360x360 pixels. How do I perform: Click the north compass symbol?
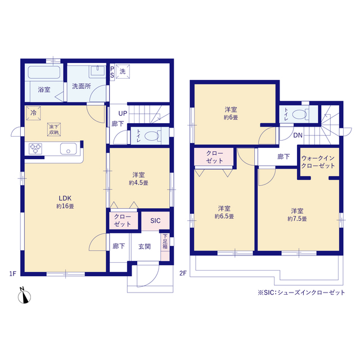(24, 296)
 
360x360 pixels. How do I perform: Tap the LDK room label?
(65, 198)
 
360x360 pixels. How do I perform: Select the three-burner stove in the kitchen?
(35, 148)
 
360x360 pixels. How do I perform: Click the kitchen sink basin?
(69, 148)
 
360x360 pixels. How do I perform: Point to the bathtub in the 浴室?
(44, 73)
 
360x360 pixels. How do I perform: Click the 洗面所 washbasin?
(98, 71)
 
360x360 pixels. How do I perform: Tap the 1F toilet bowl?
(152, 136)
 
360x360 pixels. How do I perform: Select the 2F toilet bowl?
(299, 114)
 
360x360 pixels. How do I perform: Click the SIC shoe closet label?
(155, 220)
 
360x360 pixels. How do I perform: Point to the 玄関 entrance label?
(145, 246)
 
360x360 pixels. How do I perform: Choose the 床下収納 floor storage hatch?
(54, 129)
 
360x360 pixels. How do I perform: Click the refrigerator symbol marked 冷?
(33, 113)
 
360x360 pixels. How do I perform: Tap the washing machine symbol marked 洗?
(123, 71)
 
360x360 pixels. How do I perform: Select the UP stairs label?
(123, 114)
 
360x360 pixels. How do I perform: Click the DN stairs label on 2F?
(298, 135)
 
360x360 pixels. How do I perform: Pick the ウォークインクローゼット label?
(318, 162)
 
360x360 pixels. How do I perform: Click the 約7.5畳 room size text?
(297, 219)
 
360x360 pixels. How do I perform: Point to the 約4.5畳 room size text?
(138, 183)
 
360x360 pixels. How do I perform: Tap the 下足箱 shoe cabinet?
(165, 247)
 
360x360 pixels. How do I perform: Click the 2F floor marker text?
(183, 273)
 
